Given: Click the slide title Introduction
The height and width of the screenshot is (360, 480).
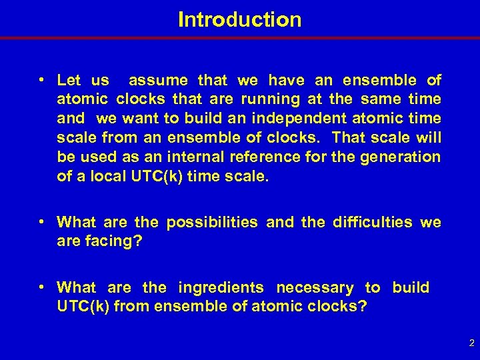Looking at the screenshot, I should click(x=239, y=19).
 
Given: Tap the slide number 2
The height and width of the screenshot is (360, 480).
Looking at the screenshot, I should click(x=471, y=344).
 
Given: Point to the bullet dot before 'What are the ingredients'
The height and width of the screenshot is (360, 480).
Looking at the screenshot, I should click(x=42, y=288).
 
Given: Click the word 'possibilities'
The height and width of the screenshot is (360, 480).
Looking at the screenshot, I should click(x=211, y=223).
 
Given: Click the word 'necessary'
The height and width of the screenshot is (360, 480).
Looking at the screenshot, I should click(x=315, y=288).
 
